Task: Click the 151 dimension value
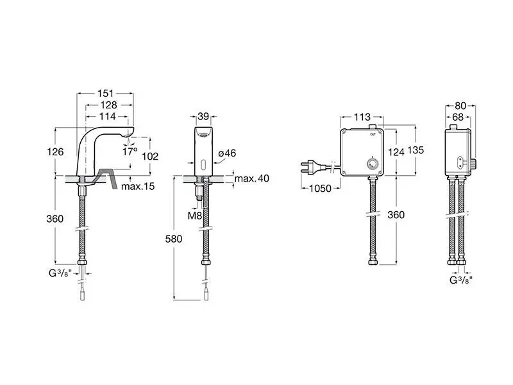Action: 106,94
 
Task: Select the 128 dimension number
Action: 109,105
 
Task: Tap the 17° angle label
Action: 130,151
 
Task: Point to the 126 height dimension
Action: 55,152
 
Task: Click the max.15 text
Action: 138,186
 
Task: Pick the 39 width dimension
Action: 203,116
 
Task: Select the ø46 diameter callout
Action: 227,153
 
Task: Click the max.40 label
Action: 251,178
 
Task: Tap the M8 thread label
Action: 195,216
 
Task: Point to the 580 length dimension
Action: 173,239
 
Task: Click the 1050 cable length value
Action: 320,189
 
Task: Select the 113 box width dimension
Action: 362,117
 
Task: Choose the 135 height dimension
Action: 416,150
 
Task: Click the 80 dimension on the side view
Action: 460,106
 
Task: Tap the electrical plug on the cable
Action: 308,166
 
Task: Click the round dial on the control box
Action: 372,162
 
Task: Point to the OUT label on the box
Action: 373,134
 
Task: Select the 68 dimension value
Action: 458,117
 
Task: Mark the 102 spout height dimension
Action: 150,157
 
